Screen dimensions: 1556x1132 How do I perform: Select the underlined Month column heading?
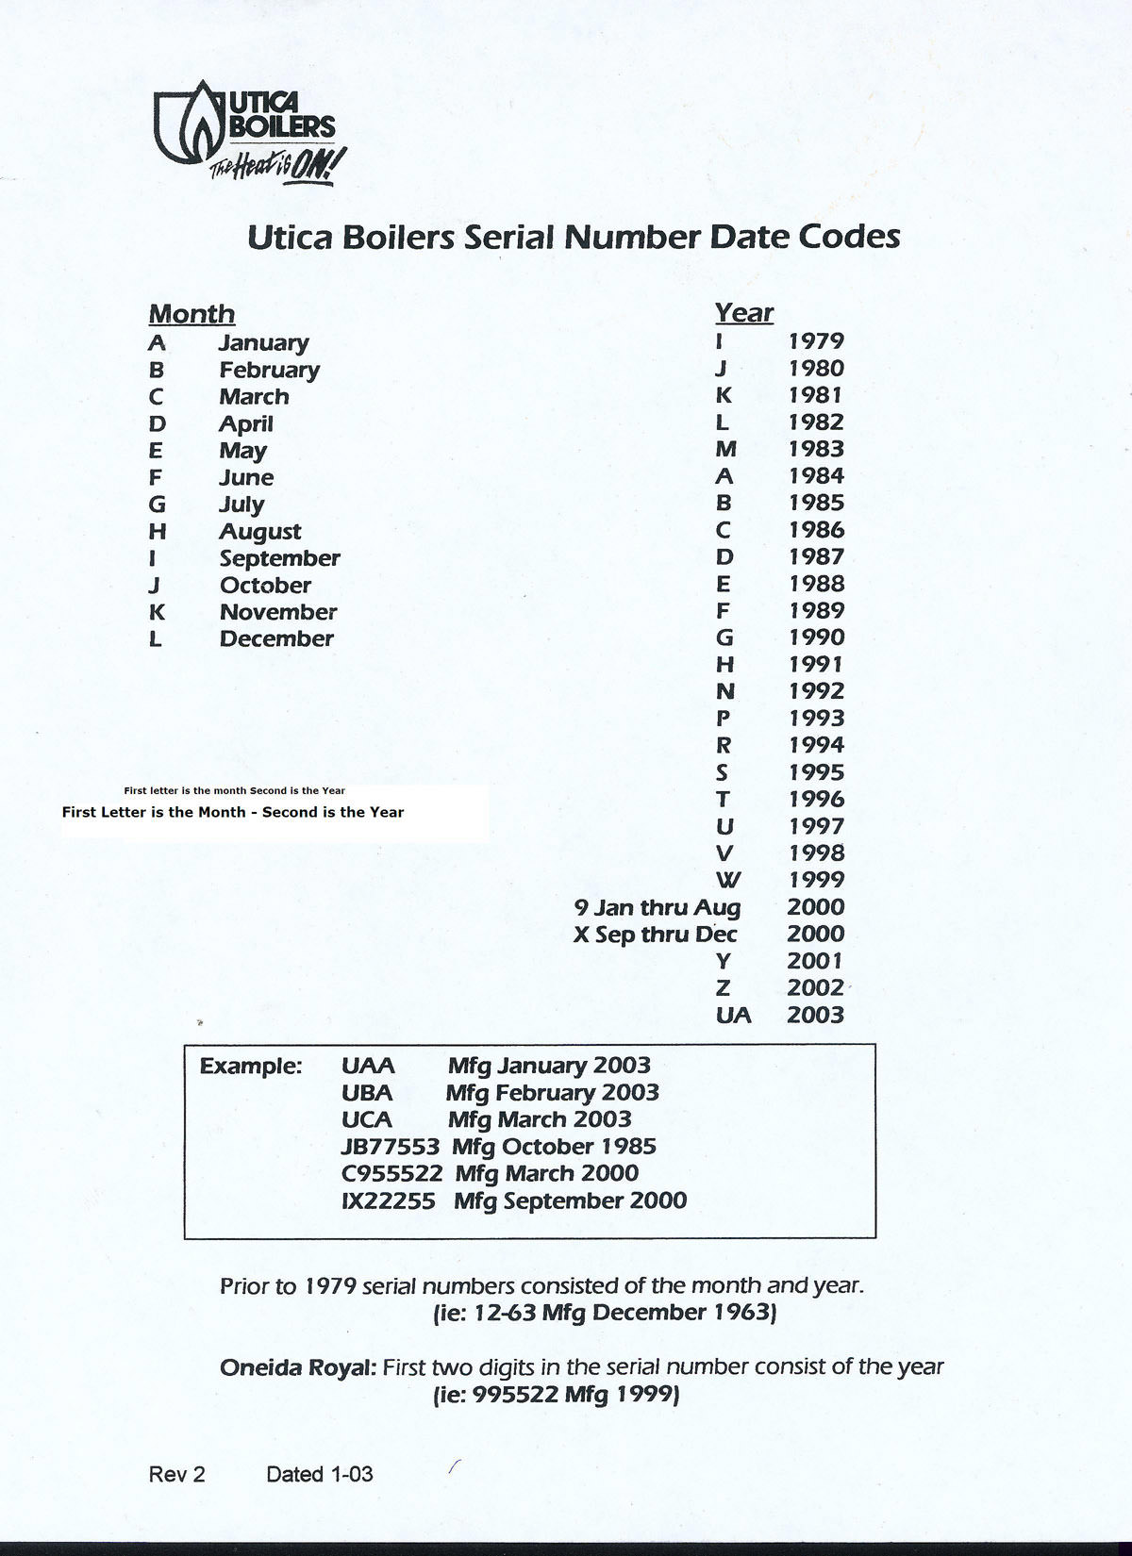[191, 314]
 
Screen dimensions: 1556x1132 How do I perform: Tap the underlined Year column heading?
[743, 312]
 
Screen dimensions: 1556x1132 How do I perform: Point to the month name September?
[279, 558]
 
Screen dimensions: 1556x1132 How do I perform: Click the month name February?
[269, 370]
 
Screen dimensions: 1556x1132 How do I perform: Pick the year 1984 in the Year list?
[816, 476]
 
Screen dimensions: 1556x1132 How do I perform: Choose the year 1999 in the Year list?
[816, 880]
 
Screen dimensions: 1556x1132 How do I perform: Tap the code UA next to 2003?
[733, 1015]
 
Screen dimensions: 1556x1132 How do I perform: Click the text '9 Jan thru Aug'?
[658, 907]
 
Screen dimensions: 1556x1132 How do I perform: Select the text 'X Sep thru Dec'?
[656, 935]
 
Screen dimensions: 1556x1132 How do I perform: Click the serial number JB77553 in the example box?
[390, 1147]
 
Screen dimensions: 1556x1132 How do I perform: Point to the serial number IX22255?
[388, 1200]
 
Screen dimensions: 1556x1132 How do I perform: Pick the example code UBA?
[367, 1093]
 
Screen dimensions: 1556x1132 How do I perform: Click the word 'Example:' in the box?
[250, 1067]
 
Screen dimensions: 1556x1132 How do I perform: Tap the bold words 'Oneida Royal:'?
[297, 1366]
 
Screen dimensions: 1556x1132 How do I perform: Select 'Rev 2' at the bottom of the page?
[176, 1474]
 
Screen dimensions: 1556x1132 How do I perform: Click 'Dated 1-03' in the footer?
[319, 1474]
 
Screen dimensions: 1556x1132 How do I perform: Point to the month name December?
[276, 638]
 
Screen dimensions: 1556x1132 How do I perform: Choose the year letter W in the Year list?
[727, 880]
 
